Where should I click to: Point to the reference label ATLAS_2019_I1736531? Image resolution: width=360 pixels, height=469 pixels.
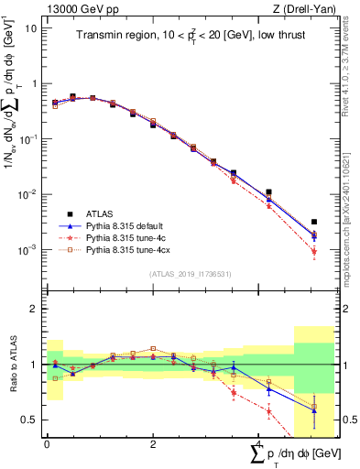click(x=190, y=274)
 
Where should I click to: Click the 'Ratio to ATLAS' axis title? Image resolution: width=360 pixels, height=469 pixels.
click(x=12, y=364)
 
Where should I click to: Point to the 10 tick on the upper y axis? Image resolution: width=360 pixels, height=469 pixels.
click(x=30, y=27)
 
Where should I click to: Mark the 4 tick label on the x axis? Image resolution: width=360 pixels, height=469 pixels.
click(x=260, y=443)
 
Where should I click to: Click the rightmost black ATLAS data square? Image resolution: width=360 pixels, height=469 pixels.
click(x=314, y=222)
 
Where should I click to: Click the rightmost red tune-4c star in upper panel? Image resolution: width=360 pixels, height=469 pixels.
click(x=314, y=251)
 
